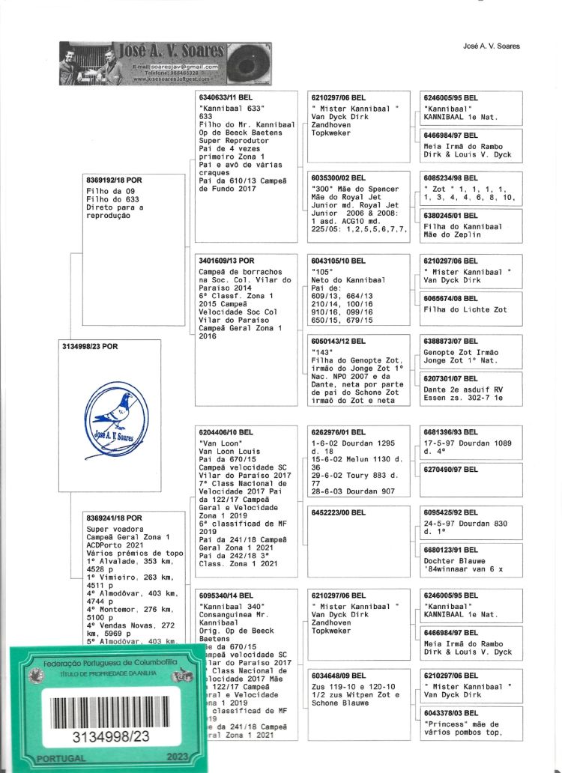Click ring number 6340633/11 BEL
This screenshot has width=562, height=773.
[x=227, y=98]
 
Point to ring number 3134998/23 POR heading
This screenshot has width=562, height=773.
[x=90, y=347]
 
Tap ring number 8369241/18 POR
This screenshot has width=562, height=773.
[x=115, y=518]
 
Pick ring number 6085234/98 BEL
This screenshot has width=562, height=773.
[x=451, y=178]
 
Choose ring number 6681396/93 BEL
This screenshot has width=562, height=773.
[x=451, y=432]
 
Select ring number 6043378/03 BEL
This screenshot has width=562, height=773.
[x=451, y=713]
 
